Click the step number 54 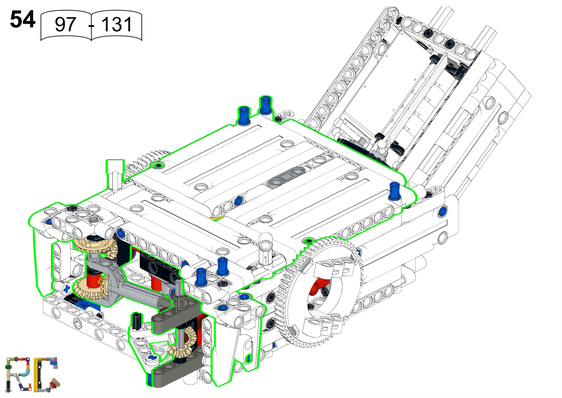pos(22,20)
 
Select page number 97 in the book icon pos(65,25)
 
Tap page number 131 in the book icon pos(117,25)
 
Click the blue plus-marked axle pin pos(67,289)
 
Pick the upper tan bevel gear pos(94,245)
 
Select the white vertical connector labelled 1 pos(265,251)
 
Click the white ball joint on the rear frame pos(382,145)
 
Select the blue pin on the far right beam pos(443,212)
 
